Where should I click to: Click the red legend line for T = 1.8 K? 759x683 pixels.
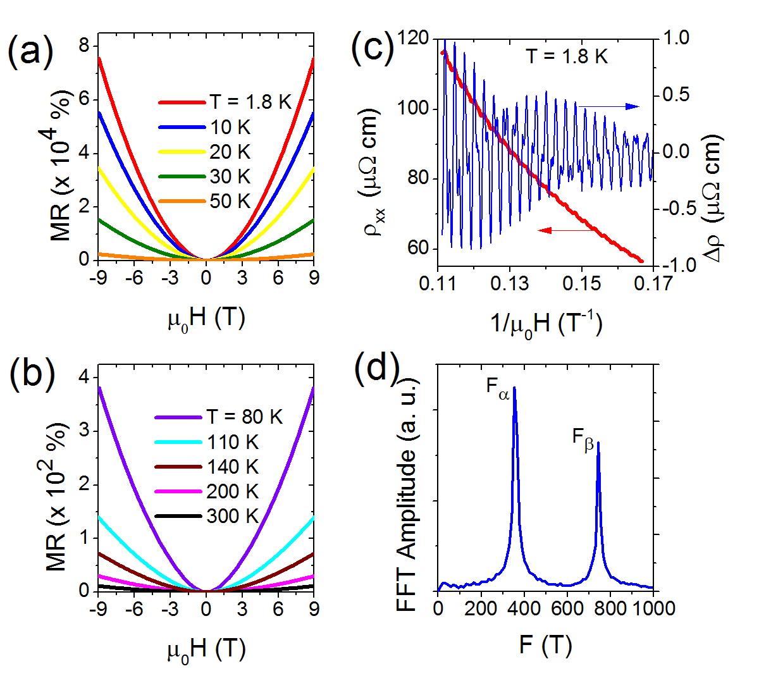point(182,102)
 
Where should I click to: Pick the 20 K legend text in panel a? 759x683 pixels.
point(230,152)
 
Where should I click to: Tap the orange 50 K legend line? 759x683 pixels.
point(182,202)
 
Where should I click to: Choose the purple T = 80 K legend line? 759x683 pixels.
point(179,417)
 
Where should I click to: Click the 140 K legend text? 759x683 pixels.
point(233,467)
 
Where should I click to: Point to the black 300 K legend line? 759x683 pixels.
point(179,517)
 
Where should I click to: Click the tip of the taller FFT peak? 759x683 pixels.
point(514,387)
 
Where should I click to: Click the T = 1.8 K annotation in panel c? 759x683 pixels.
point(567,57)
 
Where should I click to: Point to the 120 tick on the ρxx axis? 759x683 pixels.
point(414,39)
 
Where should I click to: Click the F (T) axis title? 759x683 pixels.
point(545,645)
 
